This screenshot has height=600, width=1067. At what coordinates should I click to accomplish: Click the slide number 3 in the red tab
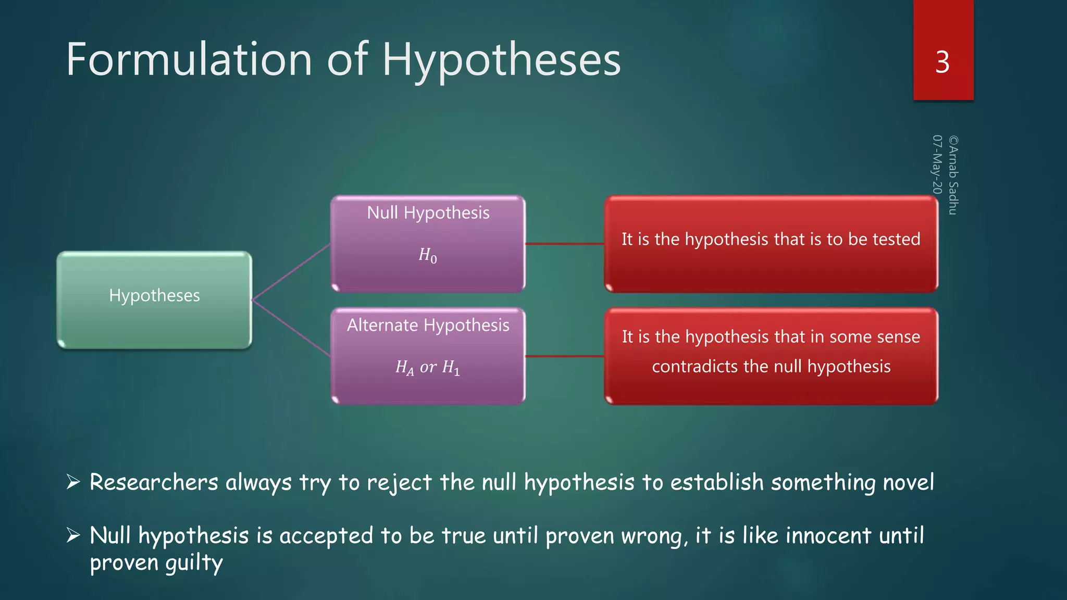(942, 63)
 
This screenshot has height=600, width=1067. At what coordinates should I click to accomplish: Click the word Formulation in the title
(189, 59)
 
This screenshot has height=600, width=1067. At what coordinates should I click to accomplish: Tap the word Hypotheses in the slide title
(501, 60)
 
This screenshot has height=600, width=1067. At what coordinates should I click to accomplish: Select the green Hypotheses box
(154, 299)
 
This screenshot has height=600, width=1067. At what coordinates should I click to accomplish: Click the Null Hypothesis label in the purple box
(428, 213)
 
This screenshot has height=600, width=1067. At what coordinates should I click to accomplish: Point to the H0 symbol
(428, 255)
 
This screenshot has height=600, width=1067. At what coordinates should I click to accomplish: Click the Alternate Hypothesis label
(428, 325)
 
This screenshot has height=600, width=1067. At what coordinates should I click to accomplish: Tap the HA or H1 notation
(428, 368)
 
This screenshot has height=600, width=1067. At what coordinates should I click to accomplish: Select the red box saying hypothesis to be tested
(771, 243)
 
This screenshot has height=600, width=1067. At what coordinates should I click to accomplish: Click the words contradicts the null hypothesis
(771, 366)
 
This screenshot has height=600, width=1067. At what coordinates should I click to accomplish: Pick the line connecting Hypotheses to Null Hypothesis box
(291, 271)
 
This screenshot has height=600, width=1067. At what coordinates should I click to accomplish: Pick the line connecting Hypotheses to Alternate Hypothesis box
(291, 328)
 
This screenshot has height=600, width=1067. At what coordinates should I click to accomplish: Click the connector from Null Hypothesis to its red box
(564, 243)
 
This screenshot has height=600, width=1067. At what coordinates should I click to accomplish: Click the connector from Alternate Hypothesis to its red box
(564, 356)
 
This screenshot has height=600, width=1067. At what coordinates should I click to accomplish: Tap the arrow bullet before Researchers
(73, 482)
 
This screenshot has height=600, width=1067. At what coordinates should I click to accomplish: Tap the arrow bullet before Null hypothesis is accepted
(73, 535)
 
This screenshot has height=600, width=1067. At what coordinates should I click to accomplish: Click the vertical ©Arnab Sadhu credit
(953, 175)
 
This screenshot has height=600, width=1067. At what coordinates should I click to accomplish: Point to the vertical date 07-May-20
(937, 165)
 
